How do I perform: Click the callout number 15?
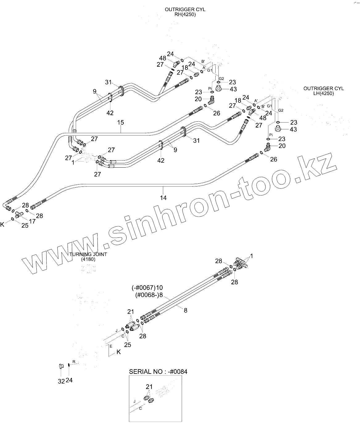tap(120, 123)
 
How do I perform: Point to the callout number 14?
tap(163, 198)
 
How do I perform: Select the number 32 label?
tap(61, 381)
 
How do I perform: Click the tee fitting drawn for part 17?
tap(19, 214)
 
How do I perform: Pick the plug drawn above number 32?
tap(61, 366)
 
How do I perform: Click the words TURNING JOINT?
tap(88, 254)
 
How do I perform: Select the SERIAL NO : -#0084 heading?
tap(158, 372)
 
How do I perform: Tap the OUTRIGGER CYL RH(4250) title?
tap(185, 12)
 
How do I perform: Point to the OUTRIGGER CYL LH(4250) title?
tap(324, 91)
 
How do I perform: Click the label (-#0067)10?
tap(147, 288)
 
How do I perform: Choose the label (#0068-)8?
tap(149, 295)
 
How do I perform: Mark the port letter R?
tap(74, 361)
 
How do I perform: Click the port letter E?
tap(111, 346)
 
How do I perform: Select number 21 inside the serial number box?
tap(149, 387)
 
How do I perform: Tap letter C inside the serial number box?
tap(140, 408)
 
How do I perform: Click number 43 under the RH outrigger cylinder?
tap(233, 89)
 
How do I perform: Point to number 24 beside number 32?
tap(69, 380)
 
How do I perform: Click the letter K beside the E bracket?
tap(119, 352)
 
